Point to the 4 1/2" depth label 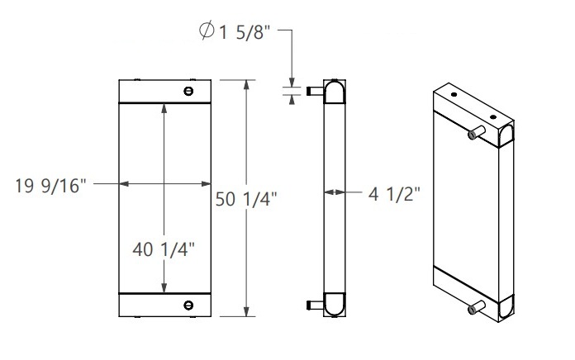[x=394, y=193]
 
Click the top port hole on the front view [x=189, y=91]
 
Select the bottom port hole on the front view [x=189, y=305]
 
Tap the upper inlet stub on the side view [x=312, y=91]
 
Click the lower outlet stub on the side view [x=312, y=306]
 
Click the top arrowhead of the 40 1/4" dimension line [x=166, y=109]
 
